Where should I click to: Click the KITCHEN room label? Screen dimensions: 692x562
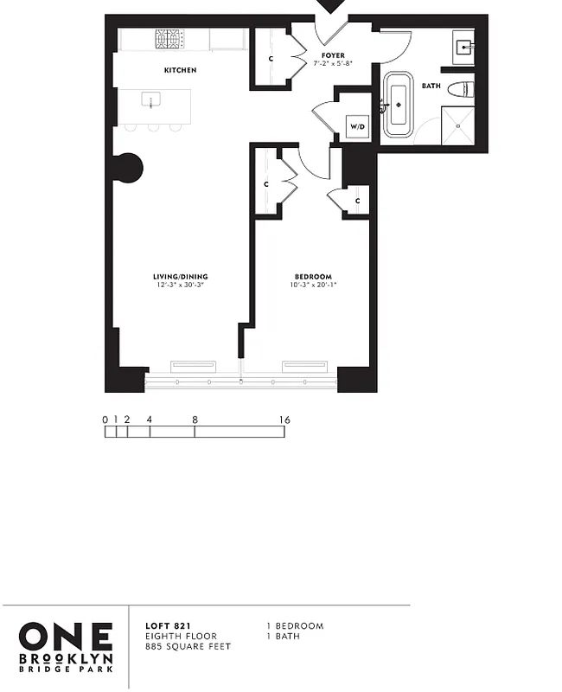pyautogui.click(x=181, y=70)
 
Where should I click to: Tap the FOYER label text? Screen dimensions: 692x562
pyautogui.click(x=332, y=55)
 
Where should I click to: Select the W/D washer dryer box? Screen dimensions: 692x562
pyautogui.click(x=356, y=126)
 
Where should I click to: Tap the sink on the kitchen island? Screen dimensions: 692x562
pyautogui.click(x=152, y=99)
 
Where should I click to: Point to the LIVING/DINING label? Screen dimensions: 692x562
pyautogui.click(x=182, y=277)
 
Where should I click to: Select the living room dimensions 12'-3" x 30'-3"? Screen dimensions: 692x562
pyautogui.click(x=182, y=285)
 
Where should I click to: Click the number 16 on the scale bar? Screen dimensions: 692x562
pyautogui.click(x=284, y=420)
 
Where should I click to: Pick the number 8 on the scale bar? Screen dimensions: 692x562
pyautogui.click(x=195, y=420)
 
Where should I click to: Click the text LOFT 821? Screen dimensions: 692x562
pyautogui.click(x=163, y=625)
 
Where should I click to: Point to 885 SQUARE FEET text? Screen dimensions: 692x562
pyautogui.click(x=188, y=646)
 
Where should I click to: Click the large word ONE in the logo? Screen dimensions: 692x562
pyautogui.click(x=66, y=636)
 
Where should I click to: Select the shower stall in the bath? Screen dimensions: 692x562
pyautogui.click(x=458, y=126)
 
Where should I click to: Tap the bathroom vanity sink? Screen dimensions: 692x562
pyautogui.click(x=462, y=47)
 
